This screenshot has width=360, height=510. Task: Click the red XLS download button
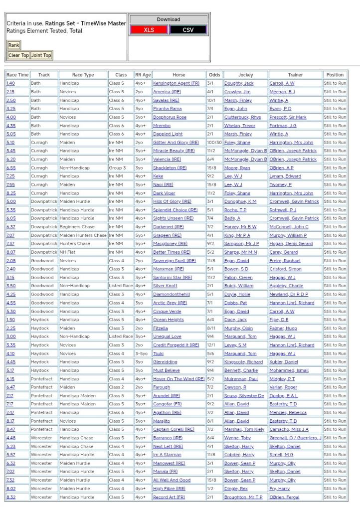pyautogui.click(x=149, y=29)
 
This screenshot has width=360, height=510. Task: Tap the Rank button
pyautogui.click(x=13, y=45)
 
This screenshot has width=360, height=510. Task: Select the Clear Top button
pyautogui.click(x=18, y=55)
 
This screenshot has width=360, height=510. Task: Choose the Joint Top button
pyautogui.click(x=41, y=55)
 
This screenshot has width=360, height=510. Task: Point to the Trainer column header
pyautogui.click(x=295, y=75)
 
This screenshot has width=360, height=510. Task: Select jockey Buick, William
pyautogui.click(x=238, y=286)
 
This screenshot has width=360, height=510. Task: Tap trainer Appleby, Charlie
pyautogui.click(x=286, y=286)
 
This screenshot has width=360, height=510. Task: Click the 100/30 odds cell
pyautogui.click(x=214, y=143)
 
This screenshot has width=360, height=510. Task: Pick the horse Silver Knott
pyautogui.click(x=165, y=286)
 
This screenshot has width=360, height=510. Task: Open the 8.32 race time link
pyautogui.click(x=10, y=497)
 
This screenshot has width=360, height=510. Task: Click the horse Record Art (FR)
pyautogui.click(x=169, y=497)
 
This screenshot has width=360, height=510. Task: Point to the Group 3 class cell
pyautogui.click(x=118, y=168)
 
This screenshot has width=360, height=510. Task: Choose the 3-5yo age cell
pyautogui.click(x=142, y=353)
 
